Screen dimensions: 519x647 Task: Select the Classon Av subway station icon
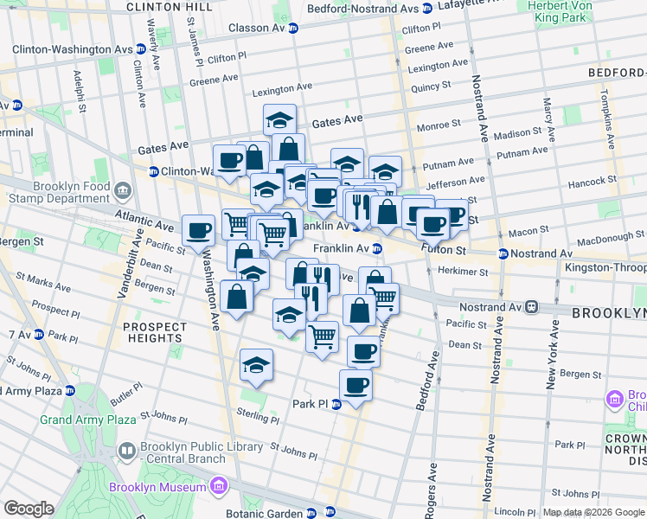[293, 28]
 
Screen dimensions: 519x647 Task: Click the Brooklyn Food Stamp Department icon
[124, 189]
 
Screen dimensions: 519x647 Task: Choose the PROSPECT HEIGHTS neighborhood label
[154, 332]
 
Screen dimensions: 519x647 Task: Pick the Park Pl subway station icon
[337, 404]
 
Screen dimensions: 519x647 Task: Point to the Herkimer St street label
[461, 272]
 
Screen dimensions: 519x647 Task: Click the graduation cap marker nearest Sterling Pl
[256, 366]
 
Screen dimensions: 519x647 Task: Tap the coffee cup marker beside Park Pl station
[356, 383]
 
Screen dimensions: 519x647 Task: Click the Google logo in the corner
[29, 509]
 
